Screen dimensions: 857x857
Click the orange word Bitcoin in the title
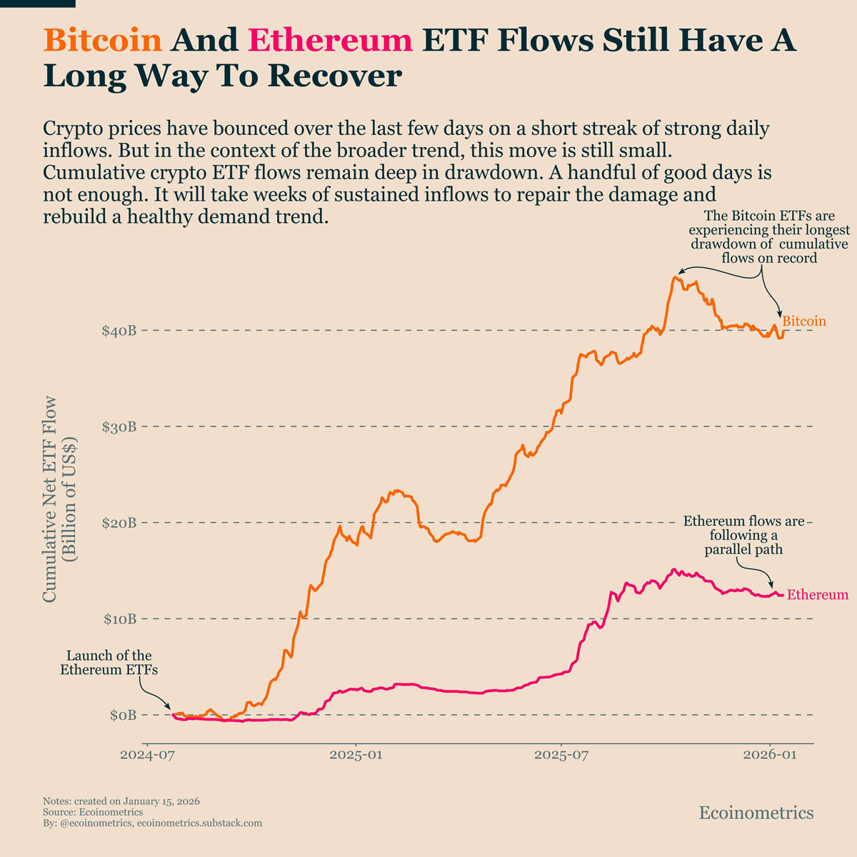(103, 40)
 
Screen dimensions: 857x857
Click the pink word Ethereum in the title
(331, 40)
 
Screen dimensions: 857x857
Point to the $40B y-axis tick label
(119, 331)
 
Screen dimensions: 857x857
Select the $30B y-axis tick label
(119, 427)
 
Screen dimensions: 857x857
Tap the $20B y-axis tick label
(119, 523)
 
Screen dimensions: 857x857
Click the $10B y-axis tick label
(119, 618)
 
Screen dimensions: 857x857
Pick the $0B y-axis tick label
(122, 715)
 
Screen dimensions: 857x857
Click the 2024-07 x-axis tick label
(147, 756)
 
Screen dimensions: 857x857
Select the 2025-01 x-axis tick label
(356, 756)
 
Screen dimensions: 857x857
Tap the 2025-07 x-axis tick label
(561, 756)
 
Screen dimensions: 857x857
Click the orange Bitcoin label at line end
(804, 321)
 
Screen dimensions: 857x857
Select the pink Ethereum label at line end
(818, 595)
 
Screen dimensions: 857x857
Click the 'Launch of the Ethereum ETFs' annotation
(109, 663)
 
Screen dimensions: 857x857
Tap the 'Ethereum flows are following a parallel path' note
(743, 536)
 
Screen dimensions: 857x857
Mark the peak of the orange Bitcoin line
(675, 277)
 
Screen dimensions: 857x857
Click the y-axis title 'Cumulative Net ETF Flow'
(50, 500)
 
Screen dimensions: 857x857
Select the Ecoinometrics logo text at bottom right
(756, 813)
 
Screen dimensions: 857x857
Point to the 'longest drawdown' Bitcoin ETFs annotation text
(769, 237)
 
